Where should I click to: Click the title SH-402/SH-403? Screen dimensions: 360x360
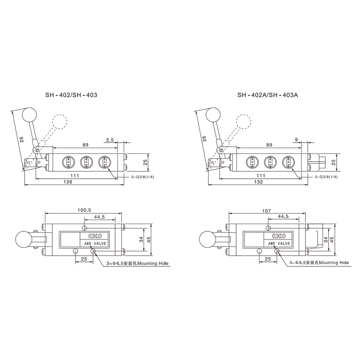71,95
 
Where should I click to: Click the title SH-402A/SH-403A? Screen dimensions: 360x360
268,95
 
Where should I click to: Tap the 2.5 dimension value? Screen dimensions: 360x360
110,139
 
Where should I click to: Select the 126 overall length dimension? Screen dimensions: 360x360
68,182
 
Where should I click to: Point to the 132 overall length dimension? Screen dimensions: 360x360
258,182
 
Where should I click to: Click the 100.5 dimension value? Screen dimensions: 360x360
84,210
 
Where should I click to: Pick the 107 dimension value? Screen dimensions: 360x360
266,211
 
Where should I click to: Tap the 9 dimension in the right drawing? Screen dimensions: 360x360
296,139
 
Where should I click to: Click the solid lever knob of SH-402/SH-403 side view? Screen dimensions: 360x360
29,115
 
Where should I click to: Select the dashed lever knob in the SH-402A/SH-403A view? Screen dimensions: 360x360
244,121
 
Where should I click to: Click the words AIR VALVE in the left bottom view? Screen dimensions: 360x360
95,243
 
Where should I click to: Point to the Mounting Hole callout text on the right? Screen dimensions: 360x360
334,263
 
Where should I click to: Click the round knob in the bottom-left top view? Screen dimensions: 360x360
23,239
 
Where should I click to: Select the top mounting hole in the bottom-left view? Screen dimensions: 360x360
85,228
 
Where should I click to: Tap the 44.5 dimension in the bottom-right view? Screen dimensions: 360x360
283,216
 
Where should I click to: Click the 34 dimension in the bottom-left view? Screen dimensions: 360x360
141,239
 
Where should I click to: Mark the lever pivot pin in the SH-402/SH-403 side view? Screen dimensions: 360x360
37,150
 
